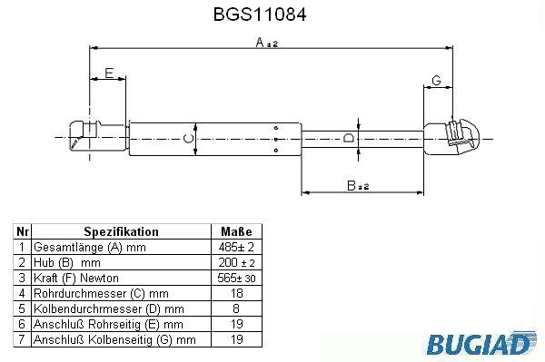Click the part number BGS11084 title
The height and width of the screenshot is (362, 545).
pos(260,15)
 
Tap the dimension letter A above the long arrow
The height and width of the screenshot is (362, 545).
pos(260,43)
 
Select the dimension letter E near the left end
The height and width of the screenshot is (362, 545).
pos(109,73)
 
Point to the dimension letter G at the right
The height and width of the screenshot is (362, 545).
pos(436,81)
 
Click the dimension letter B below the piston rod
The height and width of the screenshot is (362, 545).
pos(352,185)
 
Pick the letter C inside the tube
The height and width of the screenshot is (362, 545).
pos(188,139)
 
